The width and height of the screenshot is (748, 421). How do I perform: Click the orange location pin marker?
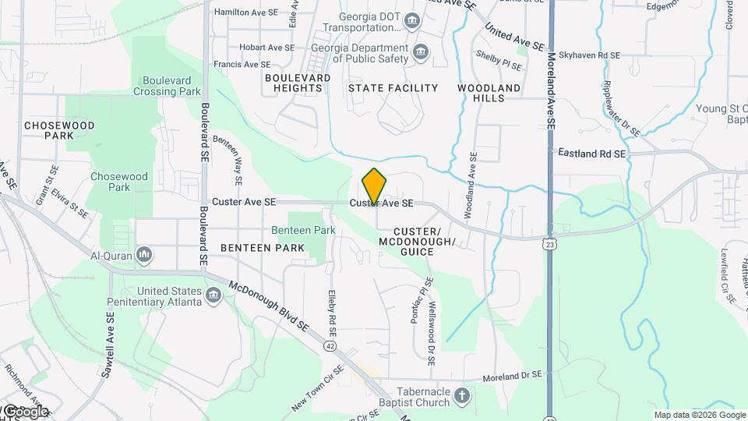tap(375, 186)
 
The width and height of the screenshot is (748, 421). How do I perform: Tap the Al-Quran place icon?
tap(144, 254)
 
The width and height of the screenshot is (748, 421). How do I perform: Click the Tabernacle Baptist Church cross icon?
tap(462, 395)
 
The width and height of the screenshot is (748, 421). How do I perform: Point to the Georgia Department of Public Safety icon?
tap(422, 52)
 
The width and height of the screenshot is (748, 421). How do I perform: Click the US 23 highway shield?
tap(551, 244)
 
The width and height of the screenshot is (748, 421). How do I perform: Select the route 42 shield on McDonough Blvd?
tap(331, 345)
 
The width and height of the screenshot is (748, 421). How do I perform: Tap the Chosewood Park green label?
tap(119, 182)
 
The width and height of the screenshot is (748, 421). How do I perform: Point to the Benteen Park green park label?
tap(303, 230)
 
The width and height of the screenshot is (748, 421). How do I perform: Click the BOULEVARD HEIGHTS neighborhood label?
tap(297, 83)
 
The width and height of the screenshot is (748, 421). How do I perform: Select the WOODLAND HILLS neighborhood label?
tap(489, 93)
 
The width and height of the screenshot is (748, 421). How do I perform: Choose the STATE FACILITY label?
tap(393, 88)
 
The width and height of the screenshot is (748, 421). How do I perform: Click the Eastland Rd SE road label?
tap(592, 154)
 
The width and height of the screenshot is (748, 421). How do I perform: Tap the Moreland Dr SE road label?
tap(511, 375)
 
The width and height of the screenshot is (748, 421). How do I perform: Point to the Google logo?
tap(25, 412)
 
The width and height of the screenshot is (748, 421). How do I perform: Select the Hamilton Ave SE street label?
tap(245, 12)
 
